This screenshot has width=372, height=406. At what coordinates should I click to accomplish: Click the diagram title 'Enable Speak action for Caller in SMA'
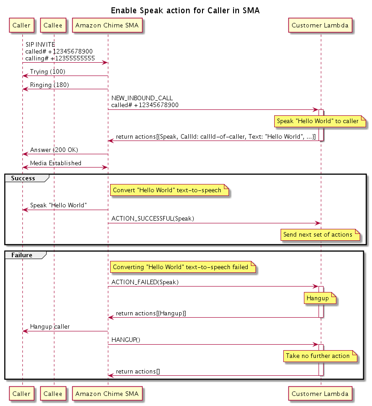click(186, 10)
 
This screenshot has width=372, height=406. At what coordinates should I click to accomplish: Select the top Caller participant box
click(21, 26)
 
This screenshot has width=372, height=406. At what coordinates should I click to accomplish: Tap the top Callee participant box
click(53, 26)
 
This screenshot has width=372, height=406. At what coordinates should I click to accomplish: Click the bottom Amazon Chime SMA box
click(107, 393)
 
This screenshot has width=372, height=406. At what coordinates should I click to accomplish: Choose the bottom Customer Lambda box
click(320, 393)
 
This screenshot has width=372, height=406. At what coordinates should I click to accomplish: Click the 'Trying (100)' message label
click(48, 72)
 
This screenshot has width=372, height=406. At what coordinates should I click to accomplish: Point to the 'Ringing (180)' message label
click(49, 85)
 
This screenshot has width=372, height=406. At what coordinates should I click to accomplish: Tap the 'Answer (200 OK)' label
click(53, 150)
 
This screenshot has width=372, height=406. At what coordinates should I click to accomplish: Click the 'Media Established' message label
click(56, 163)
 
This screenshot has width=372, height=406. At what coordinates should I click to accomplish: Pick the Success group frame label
click(23, 178)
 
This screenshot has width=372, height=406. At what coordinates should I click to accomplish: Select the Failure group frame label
click(22, 255)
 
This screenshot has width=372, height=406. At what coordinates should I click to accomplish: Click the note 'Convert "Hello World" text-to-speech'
click(167, 190)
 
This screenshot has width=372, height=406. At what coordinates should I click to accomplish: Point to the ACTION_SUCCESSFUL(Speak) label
click(153, 218)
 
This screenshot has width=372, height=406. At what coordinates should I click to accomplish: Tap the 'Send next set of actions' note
click(318, 234)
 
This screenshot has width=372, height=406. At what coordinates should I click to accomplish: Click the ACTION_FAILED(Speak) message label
click(145, 282)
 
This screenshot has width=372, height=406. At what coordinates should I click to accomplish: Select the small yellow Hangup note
click(317, 298)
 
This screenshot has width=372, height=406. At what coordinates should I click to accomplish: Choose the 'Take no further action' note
click(318, 356)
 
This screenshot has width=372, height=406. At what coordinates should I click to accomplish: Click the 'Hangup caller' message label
click(50, 327)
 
